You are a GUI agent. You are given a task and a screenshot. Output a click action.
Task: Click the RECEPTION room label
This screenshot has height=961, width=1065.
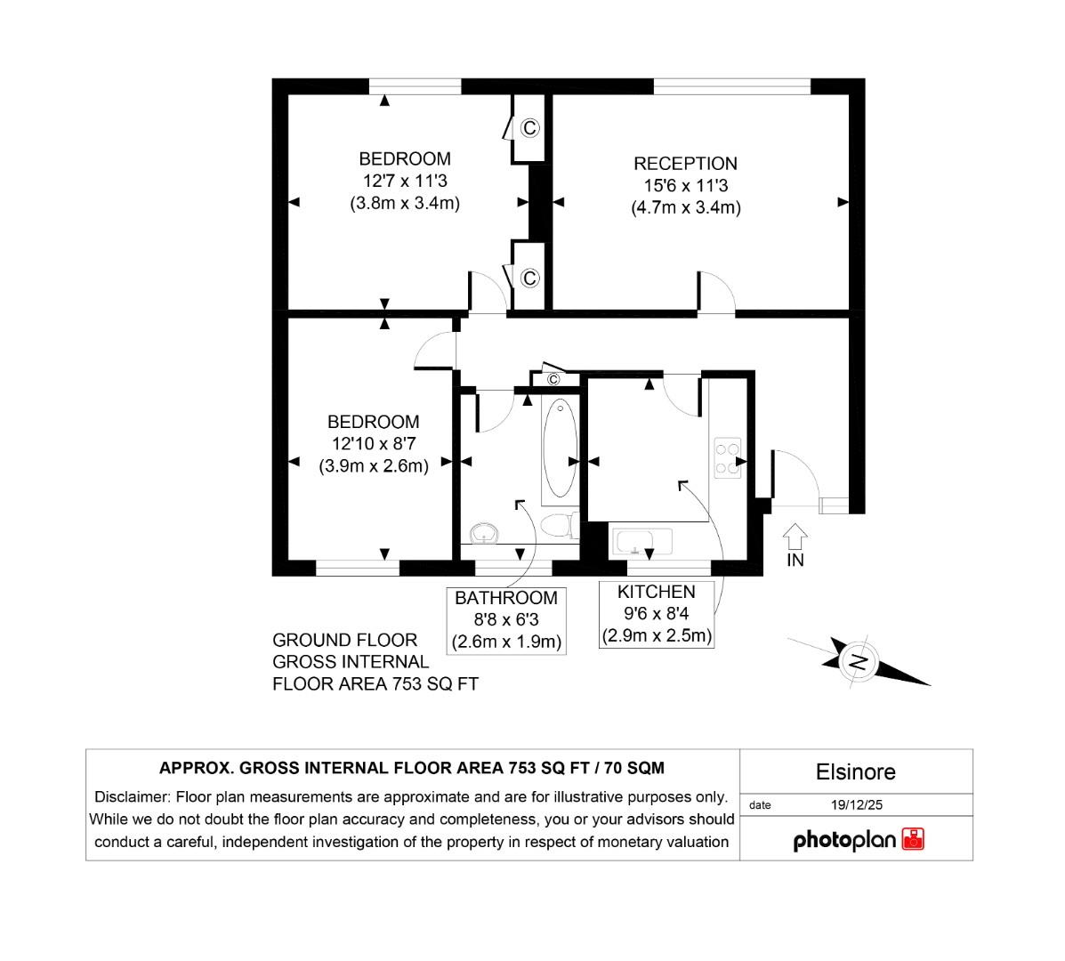pyautogui.click(x=685, y=164)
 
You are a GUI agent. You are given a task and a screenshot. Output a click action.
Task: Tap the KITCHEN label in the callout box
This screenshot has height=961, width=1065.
pyautogui.click(x=657, y=592)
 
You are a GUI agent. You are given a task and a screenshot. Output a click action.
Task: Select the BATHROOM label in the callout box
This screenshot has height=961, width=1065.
pyautogui.click(x=506, y=598)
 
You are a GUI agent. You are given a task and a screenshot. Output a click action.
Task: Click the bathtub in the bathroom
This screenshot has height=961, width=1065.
pyautogui.click(x=560, y=448)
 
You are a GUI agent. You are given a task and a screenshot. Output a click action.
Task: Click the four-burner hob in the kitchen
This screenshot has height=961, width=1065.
pyautogui.click(x=727, y=457)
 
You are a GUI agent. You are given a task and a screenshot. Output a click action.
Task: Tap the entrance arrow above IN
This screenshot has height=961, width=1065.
pyautogui.click(x=795, y=535)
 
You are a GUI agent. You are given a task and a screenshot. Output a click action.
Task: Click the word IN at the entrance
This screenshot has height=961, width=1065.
pyautogui.click(x=795, y=561)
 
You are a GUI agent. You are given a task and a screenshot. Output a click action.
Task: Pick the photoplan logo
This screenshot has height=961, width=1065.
pyautogui.click(x=858, y=840)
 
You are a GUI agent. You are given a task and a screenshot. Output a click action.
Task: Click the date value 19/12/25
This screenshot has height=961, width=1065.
pyautogui.click(x=856, y=805)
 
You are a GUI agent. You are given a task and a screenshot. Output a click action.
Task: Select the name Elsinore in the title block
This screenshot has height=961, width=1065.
pyautogui.click(x=855, y=771)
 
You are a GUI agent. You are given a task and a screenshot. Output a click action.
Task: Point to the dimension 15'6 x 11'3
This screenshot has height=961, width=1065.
pyautogui.click(x=685, y=186)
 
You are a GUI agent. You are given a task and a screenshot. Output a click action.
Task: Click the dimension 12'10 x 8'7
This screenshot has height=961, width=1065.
pyautogui.click(x=374, y=443)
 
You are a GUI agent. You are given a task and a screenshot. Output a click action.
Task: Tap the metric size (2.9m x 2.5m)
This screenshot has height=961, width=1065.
pyautogui.click(x=657, y=636)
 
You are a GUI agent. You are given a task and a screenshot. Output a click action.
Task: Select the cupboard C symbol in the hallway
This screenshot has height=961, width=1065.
pyautogui.click(x=553, y=380)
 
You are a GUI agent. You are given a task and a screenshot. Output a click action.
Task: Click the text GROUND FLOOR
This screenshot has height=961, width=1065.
pyautogui.click(x=344, y=640)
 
